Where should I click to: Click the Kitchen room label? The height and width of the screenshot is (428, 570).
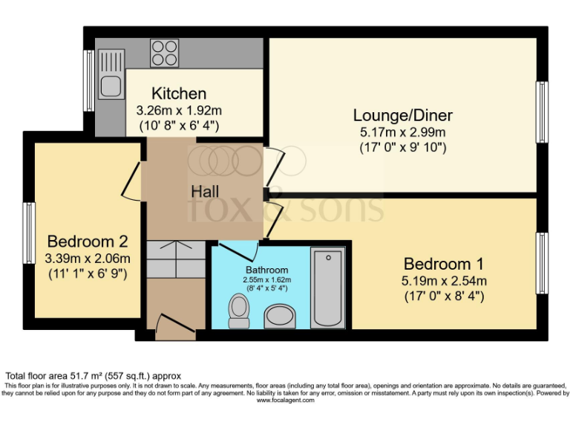(179, 94)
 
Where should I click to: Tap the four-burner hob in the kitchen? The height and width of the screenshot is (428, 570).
(164, 52)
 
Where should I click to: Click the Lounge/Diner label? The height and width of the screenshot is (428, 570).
(402, 115)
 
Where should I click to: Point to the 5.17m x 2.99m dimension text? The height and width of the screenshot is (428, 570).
(402, 132)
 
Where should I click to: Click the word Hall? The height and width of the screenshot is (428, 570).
(204, 192)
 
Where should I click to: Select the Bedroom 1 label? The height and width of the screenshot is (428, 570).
(443, 264)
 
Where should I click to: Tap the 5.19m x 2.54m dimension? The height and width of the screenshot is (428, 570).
(443, 281)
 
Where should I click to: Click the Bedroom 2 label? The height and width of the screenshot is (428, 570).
(88, 241)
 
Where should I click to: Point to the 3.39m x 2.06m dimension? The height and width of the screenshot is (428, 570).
(88, 259)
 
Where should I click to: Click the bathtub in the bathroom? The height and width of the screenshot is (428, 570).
(327, 288)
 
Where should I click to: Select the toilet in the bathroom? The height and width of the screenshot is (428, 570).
(239, 310)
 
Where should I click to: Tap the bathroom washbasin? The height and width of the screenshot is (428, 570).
(280, 316)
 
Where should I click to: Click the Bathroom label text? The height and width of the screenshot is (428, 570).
(267, 270)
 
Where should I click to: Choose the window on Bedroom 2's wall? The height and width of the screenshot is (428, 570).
(28, 227)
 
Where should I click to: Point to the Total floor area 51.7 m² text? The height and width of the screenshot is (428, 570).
(94, 376)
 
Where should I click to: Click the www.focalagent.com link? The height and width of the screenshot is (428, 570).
(285, 401)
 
